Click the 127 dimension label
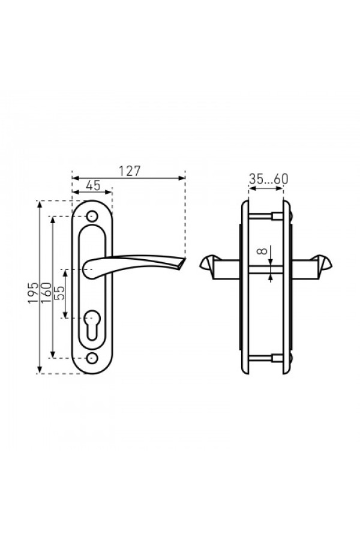[130, 171]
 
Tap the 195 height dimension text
[34, 293]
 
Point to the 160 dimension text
[46, 293]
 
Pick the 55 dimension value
[59, 293]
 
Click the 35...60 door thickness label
[268, 179]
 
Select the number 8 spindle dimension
[262, 251]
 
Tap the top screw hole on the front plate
[92, 216]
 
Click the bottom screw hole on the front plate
[92, 358]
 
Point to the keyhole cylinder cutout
[92, 325]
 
